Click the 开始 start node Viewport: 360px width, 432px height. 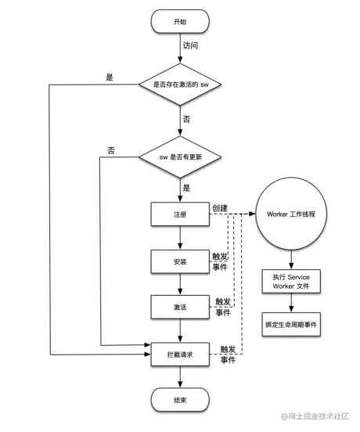point(180,21)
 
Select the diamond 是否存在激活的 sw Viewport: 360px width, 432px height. point(180,83)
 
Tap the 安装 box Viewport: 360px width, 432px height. point(180,261)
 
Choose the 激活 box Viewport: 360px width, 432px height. point(180,308)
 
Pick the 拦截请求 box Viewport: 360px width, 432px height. point(180,355)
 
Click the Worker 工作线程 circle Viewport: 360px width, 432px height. point(291,215)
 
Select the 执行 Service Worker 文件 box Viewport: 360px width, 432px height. point(291,283)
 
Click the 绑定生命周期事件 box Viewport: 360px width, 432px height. point(291,323)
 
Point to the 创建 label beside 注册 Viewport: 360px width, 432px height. point(220,207)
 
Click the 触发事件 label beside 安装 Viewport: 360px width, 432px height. point(221,261)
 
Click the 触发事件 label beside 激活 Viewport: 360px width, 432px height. point(223,307)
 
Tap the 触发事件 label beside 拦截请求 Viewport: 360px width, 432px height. point(228,355)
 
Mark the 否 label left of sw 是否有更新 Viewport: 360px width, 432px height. point(112,150)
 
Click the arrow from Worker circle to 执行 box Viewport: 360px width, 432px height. point(291,258)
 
